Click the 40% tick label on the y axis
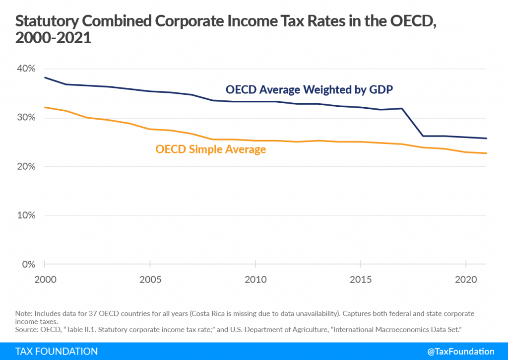click(x=25, y=69)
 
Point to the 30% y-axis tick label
click(x=25, y=118)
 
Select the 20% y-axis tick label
click(x=25, y=166)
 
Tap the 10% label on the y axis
click(x=25, y=216)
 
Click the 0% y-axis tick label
click(x=28, y=264)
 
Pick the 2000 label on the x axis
click(x=44, y=280)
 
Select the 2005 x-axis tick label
click(x=150, y=280)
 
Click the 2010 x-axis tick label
click(x=255, y=280)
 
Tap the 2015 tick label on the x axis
click(x=361, y=280)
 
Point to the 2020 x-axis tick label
click(x=466, y=280)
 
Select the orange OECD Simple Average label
click(x=211, y=149)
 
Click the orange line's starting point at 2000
click(x=45, y=107)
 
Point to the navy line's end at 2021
click(x=487, y=139)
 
